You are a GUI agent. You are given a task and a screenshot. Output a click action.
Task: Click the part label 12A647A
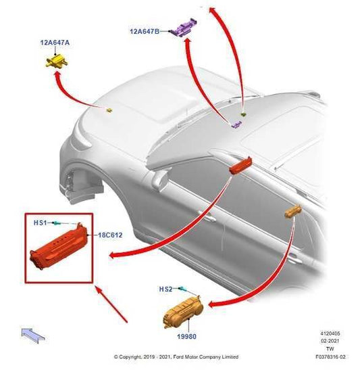coord(55,43)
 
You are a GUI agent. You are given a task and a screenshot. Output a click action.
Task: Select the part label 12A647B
coord(145,31)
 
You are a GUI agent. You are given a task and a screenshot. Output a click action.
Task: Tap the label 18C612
coord(110,235)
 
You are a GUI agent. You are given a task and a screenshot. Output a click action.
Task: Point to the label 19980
coord(187,337)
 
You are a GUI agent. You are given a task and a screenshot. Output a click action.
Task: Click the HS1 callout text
coord(41,223)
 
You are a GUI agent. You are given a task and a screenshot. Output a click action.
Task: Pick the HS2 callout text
coord(165,289)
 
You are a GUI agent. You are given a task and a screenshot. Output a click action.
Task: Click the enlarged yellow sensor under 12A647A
coord(57,61)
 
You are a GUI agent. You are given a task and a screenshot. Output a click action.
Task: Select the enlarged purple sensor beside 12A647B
coord(183,28)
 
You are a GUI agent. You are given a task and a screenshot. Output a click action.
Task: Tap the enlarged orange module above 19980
coord(183,312)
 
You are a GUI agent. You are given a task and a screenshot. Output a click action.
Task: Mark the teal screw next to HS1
coord(58,223)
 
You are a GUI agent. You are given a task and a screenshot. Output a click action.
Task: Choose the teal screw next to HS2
coord(182,289)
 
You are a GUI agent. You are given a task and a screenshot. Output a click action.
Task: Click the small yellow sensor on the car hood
coord(109,110)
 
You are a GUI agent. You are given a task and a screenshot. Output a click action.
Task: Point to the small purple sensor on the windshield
coord(236,124)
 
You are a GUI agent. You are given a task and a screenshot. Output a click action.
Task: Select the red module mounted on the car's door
coord(240,165)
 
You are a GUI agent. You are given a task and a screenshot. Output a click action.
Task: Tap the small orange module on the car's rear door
coord(293,211)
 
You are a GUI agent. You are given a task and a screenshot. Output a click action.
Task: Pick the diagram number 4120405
coord(330,333)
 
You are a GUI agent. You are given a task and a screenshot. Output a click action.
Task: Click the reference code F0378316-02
coord(330,357)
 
